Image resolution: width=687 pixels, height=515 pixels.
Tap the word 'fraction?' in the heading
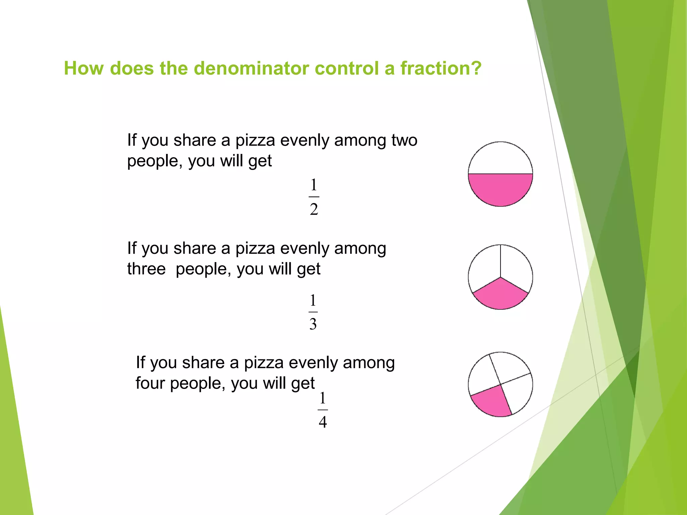[441, 68]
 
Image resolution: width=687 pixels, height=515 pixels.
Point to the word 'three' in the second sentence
[146, 269]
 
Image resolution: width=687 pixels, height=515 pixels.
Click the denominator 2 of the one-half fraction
[314, 210]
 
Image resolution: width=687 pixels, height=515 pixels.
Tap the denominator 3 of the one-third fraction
[313, 324]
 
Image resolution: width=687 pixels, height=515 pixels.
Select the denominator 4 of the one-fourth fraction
[323, 422]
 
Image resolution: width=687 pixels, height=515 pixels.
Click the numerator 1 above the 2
[314, 185]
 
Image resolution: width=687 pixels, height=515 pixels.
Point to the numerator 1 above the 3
[313, 300]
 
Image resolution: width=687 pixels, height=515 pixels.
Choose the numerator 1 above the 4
[322, 398]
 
